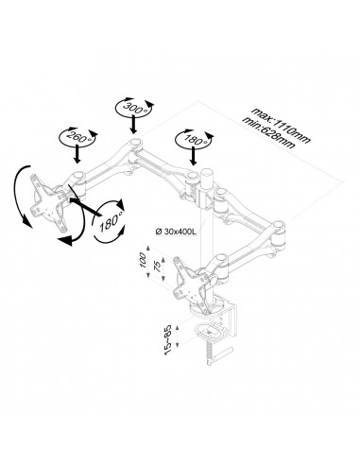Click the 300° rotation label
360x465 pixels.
[x=134, y=107]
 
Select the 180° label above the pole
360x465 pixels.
[x=194, y=139]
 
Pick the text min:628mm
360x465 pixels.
[x=269, y=133]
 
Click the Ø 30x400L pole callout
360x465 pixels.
[x=176, y=232]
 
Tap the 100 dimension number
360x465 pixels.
[x=143, y=259]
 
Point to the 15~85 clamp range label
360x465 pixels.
[x=168, y=339]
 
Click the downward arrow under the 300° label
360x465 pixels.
[x=134, y=125]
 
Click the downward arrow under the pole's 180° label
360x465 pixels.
[x=194, y=156]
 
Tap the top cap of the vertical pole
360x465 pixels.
[x=208, y=172]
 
